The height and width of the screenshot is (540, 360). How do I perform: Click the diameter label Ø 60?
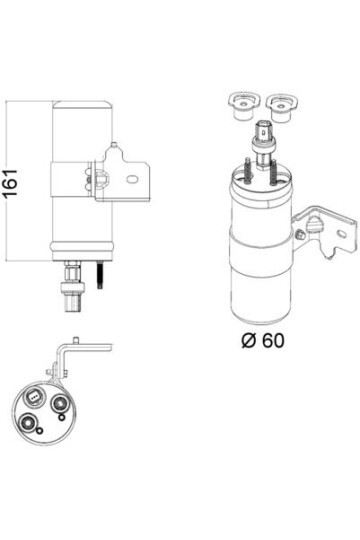263,339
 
